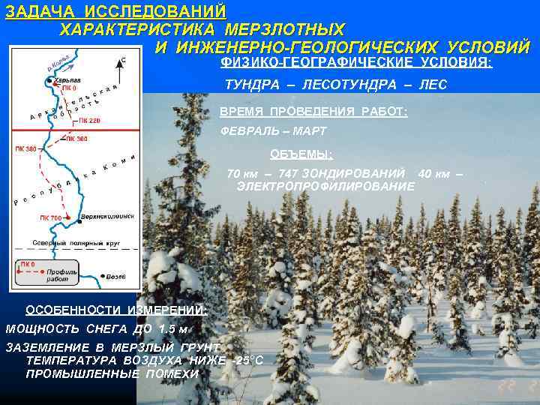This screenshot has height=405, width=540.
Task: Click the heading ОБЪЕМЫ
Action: pyautogui.click(x=301, y=154)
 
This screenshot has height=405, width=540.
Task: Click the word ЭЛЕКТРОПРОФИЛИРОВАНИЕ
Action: pyautogui.click(x=325, y=185)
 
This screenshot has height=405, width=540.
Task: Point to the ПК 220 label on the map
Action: pyautogui.click(x=88, y=120)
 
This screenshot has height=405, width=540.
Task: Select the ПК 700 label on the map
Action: pyautogui.click(x=51, y=217)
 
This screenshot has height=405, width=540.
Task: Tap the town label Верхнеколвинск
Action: pyautogui.click(x=108, y=215)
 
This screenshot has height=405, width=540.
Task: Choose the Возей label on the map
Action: pyautogui.click(x=115, y=277)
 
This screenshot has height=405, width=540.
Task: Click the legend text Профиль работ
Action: pyautogui.click(x=59, y=274)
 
